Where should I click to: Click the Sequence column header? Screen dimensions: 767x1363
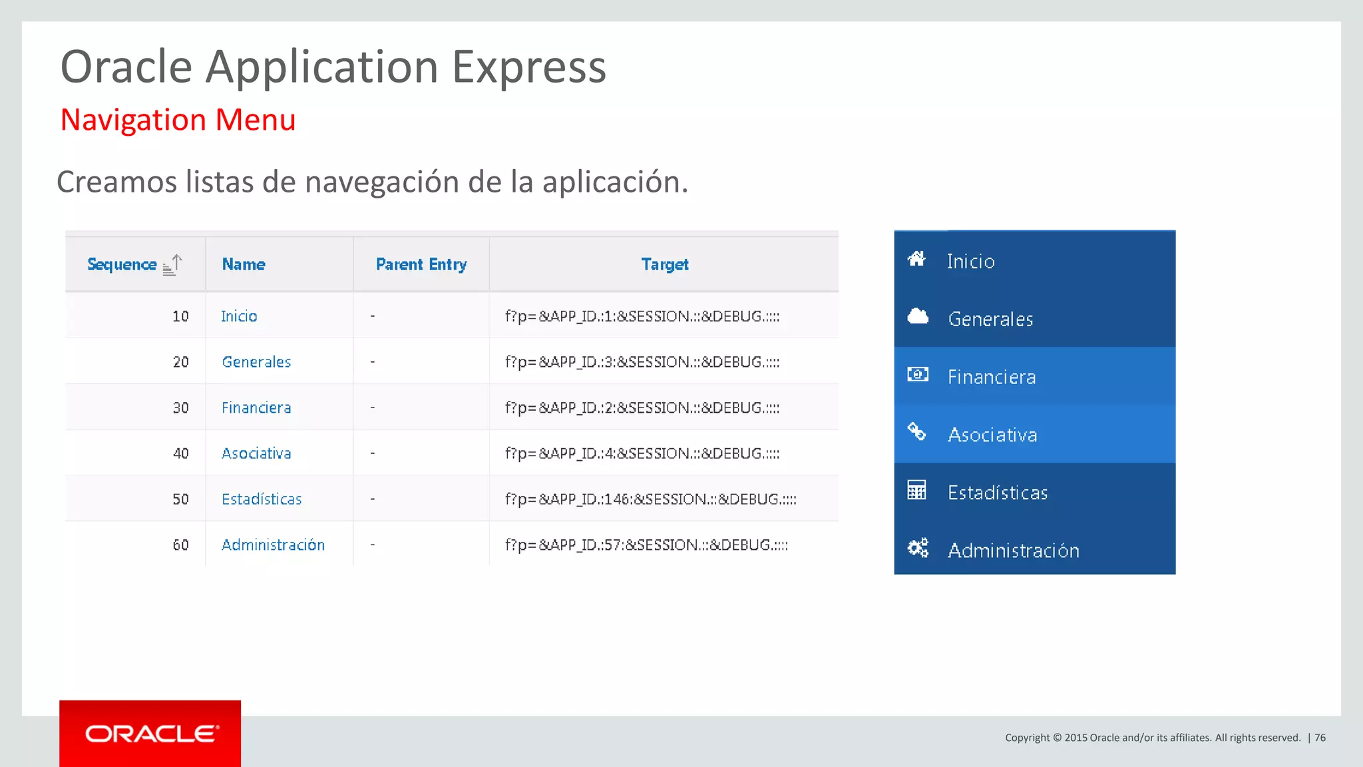tap(122, 264)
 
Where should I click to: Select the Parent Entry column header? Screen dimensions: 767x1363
tap(421, 264)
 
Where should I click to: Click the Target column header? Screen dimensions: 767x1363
tap(664, 264)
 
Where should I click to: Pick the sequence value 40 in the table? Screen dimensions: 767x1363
tap(180, 453)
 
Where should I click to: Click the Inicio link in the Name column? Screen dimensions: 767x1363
tap(239, 316)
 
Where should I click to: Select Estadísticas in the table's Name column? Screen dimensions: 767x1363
tap(262, 499)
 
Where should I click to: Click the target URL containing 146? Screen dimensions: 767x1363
tap(650, 499)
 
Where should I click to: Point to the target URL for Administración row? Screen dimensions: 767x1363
tap(646, 545)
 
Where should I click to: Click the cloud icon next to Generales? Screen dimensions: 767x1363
tap(918, 316)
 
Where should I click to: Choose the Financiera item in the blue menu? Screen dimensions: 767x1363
tap(992, 377)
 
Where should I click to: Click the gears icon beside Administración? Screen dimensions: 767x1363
tap(918, 548)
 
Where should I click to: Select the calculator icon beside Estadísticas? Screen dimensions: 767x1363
tap(916, 490)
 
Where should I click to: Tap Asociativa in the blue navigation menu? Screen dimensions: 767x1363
tap(992, 435)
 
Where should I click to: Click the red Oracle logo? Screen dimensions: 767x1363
tap(150, 734)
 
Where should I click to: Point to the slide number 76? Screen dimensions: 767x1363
tap(1320, 738)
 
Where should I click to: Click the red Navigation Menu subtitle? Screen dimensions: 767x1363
tap(178, 120)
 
